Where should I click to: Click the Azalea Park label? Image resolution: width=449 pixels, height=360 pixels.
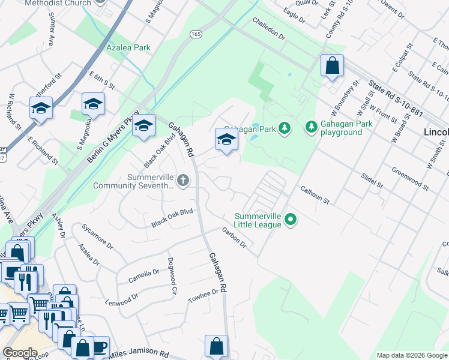(128, 47)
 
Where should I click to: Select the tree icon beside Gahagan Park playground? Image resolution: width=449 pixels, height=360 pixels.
(311, 127)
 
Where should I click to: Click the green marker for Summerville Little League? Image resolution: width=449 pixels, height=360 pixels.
(291, 220)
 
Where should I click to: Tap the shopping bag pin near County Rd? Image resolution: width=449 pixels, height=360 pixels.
(332, 65)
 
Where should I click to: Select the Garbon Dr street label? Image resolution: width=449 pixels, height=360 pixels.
(234, 238)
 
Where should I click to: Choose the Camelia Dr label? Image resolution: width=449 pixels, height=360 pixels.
(143, 276)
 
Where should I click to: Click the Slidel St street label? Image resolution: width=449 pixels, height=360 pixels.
(372, 179)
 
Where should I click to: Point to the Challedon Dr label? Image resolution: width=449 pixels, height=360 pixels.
(268, 29)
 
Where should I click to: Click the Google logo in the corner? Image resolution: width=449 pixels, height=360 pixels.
(20, 353)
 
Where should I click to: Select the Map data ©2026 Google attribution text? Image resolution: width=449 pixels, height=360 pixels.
(411, 355)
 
